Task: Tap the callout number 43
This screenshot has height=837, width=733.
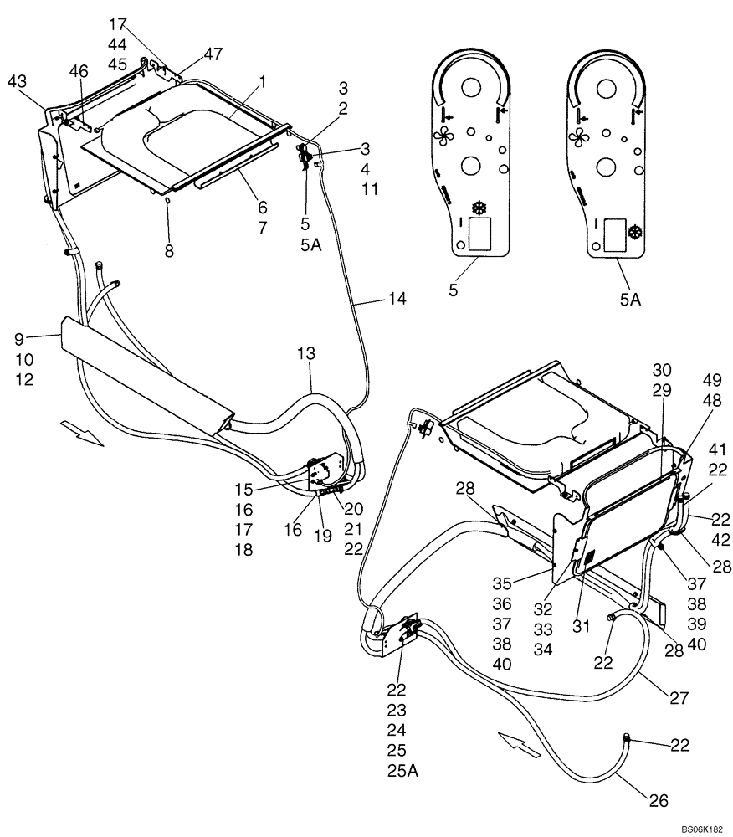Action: (18, 80)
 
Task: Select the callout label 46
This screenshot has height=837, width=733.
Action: (78, 73)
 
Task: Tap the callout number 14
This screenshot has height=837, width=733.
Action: (397, 298)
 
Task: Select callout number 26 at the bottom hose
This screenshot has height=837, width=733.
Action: (659, 801)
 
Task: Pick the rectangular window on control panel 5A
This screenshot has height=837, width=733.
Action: (615, 232)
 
